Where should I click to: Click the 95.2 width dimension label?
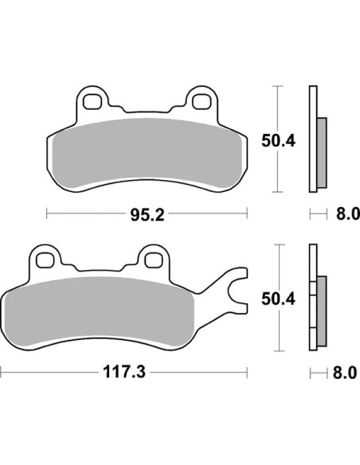coord(147,214)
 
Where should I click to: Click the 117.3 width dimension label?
coord(124,372)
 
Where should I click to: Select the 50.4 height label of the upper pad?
coord(278,141)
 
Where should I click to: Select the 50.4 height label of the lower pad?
coord(278,299)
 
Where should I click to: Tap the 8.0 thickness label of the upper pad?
coord(348,214)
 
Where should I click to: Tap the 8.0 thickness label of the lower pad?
coord(345,373)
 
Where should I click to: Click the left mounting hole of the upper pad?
coord(92,102)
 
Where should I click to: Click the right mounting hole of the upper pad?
coord(201,102)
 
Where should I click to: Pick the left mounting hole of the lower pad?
coord(45,260)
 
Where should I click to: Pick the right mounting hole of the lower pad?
coord(153,260)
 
